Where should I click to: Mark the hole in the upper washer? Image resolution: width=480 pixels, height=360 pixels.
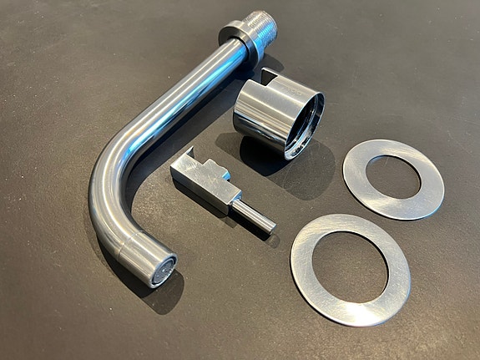point(392,176)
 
